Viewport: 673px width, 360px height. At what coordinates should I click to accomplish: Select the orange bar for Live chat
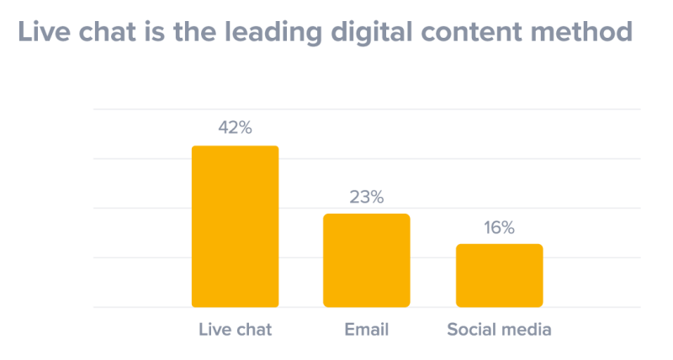pyautogui.click(x=235, y=226)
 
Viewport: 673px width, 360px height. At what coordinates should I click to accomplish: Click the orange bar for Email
pyautogui.click(x=367, y=260)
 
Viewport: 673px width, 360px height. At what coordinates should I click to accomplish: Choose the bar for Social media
pyautogui.click(x=499, y=275)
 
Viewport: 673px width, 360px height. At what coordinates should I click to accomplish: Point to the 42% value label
pyautogui.click(x=235, y=129)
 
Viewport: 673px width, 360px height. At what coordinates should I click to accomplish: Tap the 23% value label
pyautogui.click(x=367, y=198)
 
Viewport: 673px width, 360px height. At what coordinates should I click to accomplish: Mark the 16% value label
pyautogui.click(x=499, y=228)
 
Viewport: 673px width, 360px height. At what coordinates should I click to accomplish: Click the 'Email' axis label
pyautogui.click(x=367, y=330)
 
